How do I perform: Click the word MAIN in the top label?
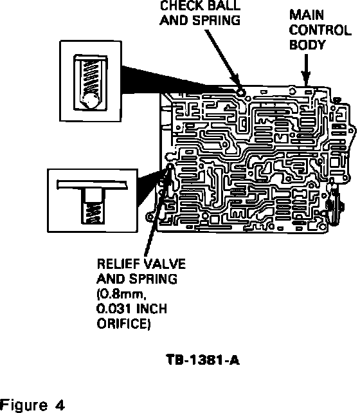point(307,15)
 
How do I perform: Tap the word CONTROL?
point(320,30)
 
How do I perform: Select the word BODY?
point(308,45)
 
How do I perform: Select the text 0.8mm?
point(122,294)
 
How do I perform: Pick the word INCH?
point(152,309)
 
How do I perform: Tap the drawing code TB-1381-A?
point(203,360)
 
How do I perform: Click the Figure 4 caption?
point(32,405)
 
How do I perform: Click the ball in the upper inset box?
point(91,100)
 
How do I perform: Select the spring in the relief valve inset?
point(93,213)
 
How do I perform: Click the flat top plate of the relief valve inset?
point(92,185)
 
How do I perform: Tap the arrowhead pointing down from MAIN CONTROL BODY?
point(306,78)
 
